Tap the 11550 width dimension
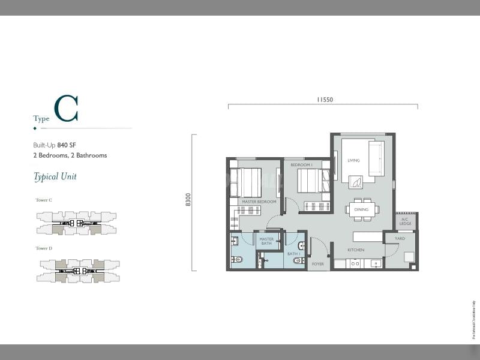[x=323, y=100]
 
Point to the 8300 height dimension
[x=188, y=200]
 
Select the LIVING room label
[x=353, y=160]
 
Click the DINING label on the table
[x=361, y=209]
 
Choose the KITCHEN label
[x=356, y=250]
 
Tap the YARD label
[x=400, y=239]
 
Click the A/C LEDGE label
[x=406, y=222]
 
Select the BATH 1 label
[x=293, y=254]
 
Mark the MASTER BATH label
[x=266, y=241]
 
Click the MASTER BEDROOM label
[x=259, y=202]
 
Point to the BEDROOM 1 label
[x=301, y=165]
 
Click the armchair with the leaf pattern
[x=356, y=182]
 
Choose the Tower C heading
[x=43, y=200]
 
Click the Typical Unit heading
[x=55, y=176]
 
